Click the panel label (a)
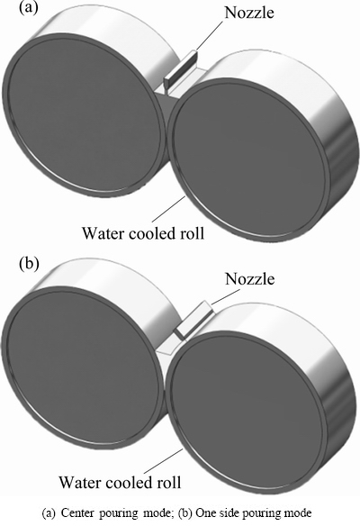tap(29, 7)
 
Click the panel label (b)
tap(29, 263)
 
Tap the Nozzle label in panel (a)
tap(249, 13)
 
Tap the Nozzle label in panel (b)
tap(249, 279)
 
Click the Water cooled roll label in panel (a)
tap(143, 232)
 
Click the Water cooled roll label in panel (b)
tap(120, 482)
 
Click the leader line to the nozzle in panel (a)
tap(209, 35)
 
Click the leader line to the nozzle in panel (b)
tap(226, 296)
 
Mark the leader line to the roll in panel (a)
tap(168, 209)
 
